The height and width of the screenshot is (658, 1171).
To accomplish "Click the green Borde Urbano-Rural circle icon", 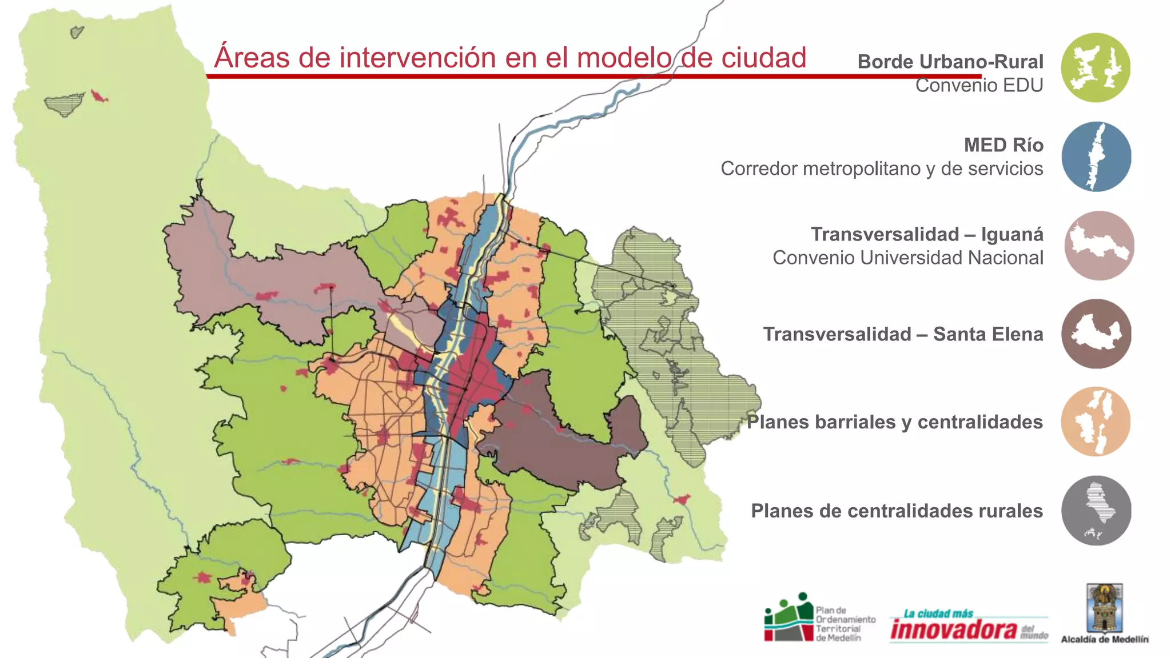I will point(1096,67).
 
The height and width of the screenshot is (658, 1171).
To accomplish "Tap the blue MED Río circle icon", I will point(1096,157).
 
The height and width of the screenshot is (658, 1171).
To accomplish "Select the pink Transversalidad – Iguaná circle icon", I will point(1099,246).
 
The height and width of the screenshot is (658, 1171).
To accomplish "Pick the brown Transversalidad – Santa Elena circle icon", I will point(1096,334).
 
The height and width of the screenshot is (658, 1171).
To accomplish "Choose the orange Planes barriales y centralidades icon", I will point(1096,422).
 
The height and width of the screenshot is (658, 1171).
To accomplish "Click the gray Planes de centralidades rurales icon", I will point(1096,511).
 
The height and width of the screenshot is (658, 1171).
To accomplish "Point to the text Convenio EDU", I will point(979,86).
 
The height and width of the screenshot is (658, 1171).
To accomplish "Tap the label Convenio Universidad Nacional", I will point(907,258).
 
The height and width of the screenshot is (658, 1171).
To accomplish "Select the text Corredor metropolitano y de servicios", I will point(881,168).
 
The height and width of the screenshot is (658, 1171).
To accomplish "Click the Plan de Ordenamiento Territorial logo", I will point(789,618).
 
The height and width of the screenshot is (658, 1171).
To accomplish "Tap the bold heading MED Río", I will point(1003,145).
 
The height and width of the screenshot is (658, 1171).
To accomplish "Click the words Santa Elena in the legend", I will point(987,334).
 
